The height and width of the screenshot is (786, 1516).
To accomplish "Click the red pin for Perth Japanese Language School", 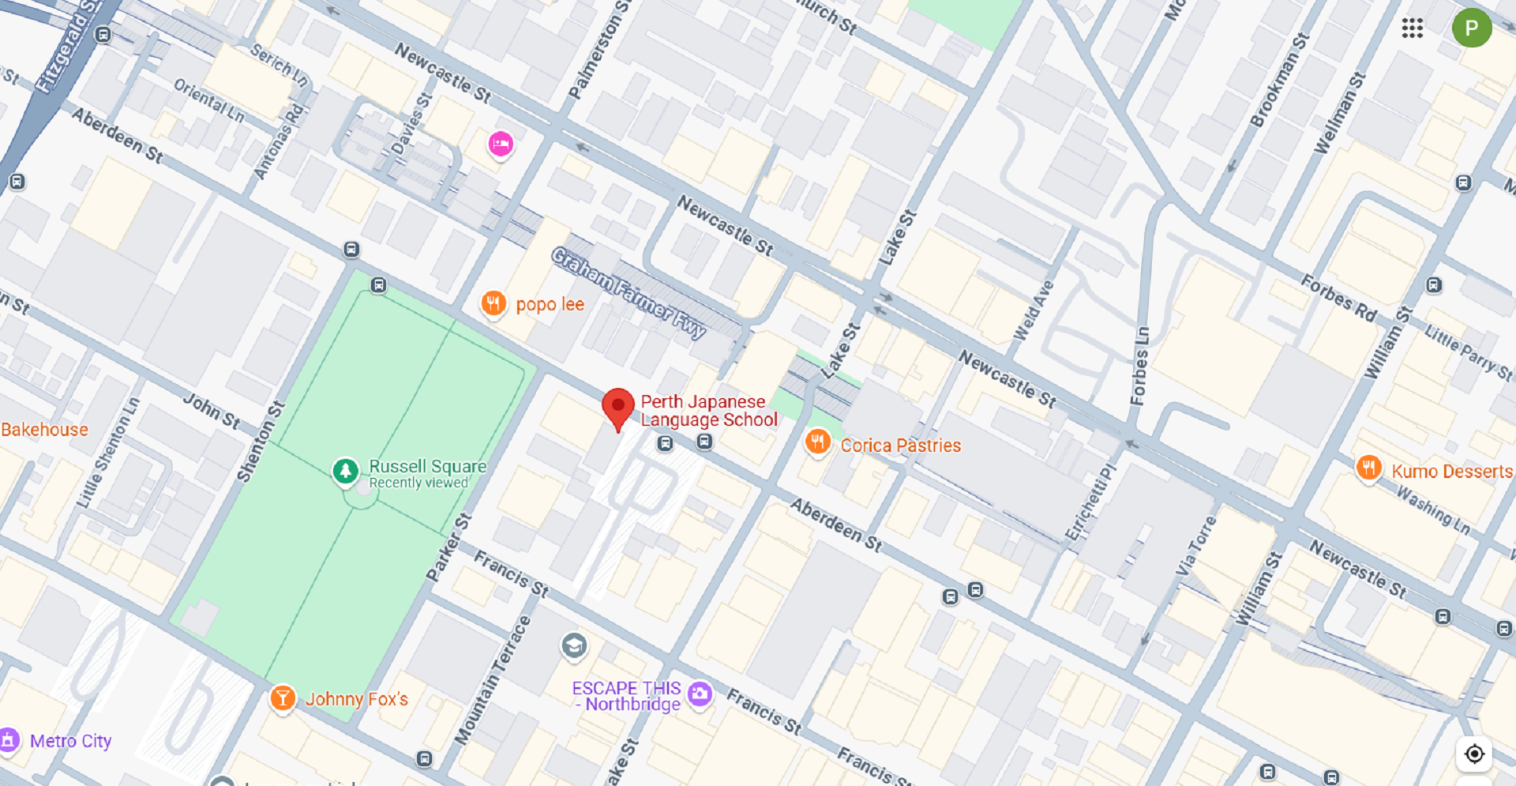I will click(617, 407).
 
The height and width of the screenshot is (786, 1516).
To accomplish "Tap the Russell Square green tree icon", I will click(345, 471).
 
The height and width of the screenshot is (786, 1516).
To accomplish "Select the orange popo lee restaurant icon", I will click(493, 303).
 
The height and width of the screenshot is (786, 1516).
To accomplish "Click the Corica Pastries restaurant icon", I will click(817, 442).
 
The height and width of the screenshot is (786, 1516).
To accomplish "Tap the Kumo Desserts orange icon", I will click(1368, 468).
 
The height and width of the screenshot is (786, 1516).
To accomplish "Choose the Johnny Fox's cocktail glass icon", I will click(282, 698).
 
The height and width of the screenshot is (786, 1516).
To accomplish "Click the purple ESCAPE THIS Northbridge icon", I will click(700, 694).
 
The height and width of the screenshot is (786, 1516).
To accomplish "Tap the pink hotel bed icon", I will click(501, 145).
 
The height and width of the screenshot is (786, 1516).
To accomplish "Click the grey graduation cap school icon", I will click(574, 646).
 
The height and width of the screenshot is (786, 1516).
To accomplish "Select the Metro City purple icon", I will click(9, 741).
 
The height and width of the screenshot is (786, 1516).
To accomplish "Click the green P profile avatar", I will click(1471, 28).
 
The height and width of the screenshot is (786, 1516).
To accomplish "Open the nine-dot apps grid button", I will click(1412, 28).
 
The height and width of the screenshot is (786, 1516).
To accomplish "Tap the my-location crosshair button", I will click(1473, 754).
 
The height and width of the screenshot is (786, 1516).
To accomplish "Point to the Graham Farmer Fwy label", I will click(629, 293).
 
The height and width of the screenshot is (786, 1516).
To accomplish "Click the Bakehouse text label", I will click(44, 430).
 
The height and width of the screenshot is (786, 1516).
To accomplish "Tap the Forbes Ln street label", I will click(1139, 367).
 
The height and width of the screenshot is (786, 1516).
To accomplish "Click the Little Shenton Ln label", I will click(107, 453).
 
